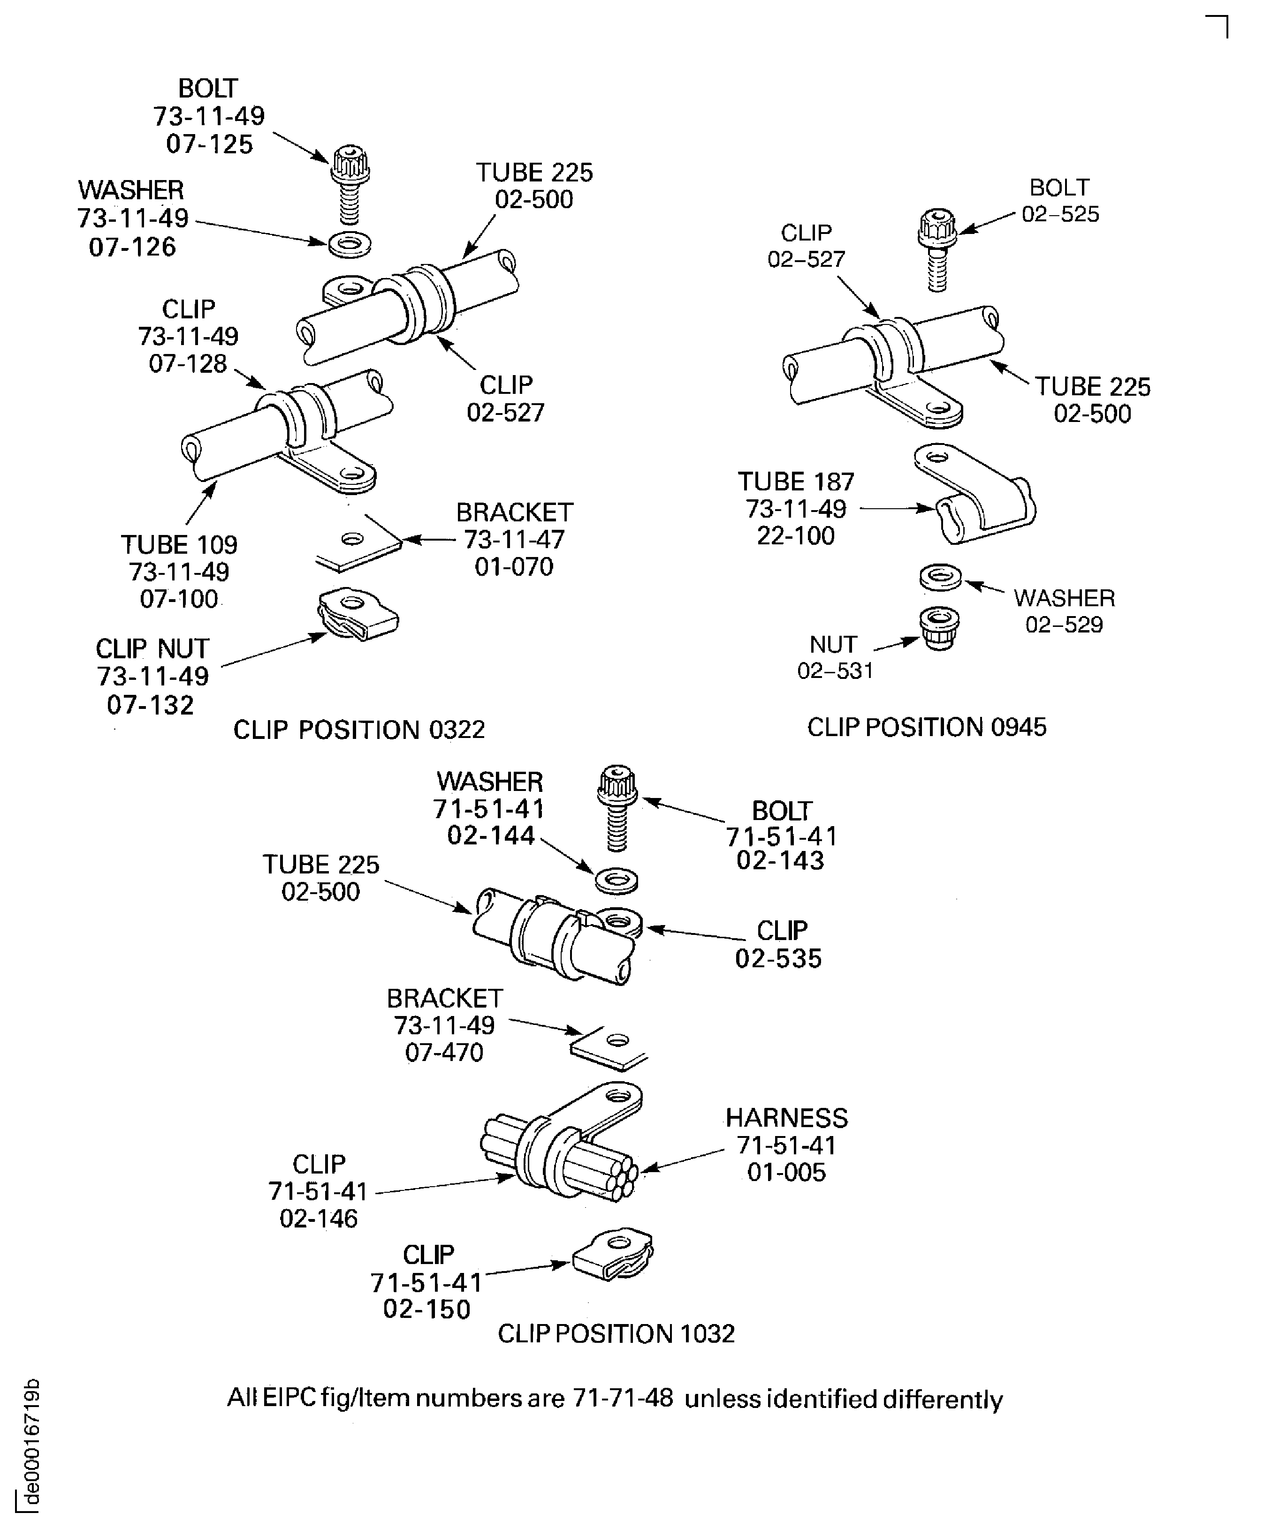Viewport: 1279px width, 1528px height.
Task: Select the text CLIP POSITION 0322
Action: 359,730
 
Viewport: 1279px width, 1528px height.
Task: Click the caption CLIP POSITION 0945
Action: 927,727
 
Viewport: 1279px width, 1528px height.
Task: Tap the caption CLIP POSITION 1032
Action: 616,1334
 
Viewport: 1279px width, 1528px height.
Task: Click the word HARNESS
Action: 787,1118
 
